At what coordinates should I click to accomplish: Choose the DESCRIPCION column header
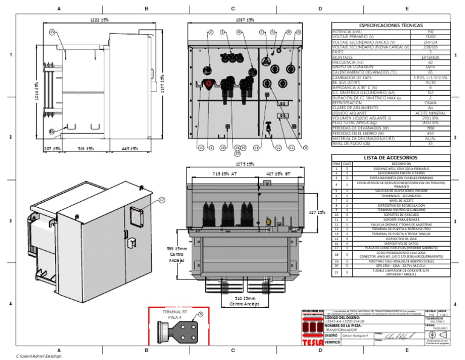(x=401, y=164)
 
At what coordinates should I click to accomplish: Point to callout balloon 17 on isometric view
(x=162, y=199)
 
